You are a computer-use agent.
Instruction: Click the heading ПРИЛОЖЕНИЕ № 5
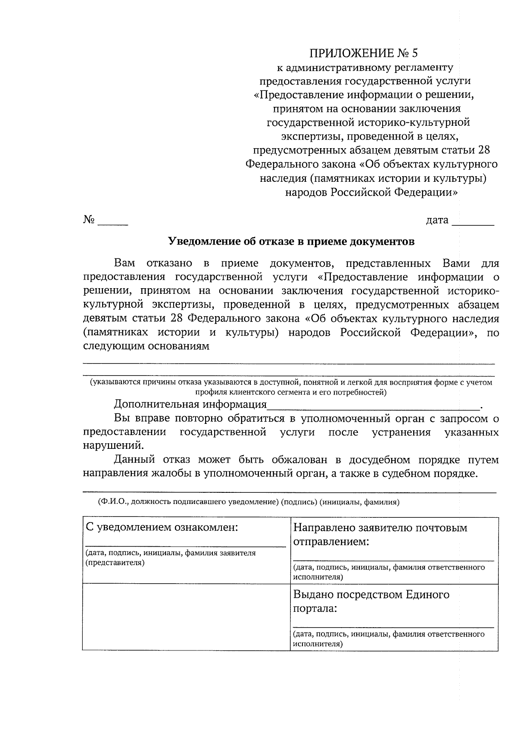(x=364, y=53)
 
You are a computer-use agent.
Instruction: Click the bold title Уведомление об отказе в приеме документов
(x=291, y=241)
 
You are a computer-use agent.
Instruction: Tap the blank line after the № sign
(x=113, y=223)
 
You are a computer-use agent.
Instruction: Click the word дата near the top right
(x=437, y=220)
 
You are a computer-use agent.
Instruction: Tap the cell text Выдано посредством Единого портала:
(x=371, y=601)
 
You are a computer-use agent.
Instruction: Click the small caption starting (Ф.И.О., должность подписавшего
(x=249, y=502)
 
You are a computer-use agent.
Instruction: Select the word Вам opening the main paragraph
(x=125, y=263)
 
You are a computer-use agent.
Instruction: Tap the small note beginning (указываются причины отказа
(x=291, y=387)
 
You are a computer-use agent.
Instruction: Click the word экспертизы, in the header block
(x=307, y=136)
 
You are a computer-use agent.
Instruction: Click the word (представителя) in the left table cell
(x=115, y=563)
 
